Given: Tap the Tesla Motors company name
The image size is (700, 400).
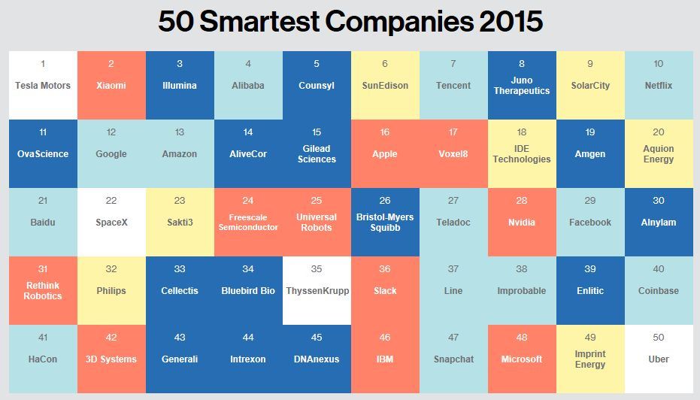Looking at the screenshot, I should tap(43, 86).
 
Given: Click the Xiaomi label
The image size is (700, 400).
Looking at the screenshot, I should tap(111, 86).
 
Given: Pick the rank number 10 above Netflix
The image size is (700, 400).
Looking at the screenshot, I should tap(659, 64).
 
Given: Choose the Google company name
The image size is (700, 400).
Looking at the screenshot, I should tap(111, 154).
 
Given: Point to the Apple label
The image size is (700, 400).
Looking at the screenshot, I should tap(385, 154).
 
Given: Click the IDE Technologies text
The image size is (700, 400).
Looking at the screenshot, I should tap(522, 154).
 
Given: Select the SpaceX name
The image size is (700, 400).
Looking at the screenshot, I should tap(111, 223).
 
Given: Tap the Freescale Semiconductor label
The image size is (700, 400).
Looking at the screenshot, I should tap(248, 223).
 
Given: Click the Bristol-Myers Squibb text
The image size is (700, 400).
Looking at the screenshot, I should tap(385, 223).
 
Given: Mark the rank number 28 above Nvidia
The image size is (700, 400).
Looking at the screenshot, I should tap(522, 201).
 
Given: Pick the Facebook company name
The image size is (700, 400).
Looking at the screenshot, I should tap(590, 223).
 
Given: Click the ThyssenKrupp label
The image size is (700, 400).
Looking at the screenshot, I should tap(317, 291).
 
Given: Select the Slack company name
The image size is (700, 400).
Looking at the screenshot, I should tap(385, 291).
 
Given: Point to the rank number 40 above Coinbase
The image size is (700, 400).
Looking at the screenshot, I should tap(659, 269).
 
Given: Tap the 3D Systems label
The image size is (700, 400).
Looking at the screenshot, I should tap(111, 359).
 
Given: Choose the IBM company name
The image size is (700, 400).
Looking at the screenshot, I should tap(385, 359).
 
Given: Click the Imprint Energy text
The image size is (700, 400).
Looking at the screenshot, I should tap(590, 359).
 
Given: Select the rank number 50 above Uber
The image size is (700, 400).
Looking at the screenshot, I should tap(659, 338).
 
